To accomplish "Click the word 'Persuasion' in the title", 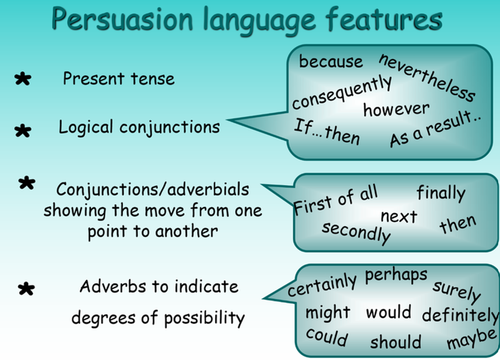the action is click(122, 20).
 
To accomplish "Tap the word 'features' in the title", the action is click(384, 19).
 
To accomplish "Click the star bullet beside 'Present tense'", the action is click(23, 79).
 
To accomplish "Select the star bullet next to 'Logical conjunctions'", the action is click(23, 131).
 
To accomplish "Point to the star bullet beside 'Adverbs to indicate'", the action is click(26, 288).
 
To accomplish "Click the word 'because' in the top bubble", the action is click(331, 61).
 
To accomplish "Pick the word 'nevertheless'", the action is click(427, 78).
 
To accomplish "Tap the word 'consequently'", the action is click(342, 93).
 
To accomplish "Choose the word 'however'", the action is click(397, 110).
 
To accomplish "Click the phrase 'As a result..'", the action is click(435, 129).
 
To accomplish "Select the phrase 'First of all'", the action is click(336, 200).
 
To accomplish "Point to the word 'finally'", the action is click(441, 193).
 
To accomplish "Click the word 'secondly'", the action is click(356, 233).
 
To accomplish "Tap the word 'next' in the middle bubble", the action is click(399, 217).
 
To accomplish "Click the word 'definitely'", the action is click(461, 315).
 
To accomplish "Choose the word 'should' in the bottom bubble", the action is click(395, 342).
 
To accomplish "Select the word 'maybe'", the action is click(471, 339).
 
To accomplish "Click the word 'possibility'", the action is click(204, 318).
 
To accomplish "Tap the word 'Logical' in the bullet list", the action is click(86, 127).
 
